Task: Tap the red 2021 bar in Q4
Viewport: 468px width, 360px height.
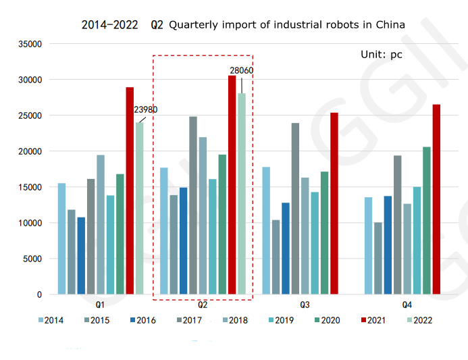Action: click(436, 199)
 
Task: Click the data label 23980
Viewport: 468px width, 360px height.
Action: click(146, 109)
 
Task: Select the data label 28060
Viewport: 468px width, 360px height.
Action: click(241, 70)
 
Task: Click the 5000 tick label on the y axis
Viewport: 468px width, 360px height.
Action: click(33, 259)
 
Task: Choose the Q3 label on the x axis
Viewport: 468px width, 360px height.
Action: click(305, 305)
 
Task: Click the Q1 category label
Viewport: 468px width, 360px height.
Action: click(100, 305)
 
